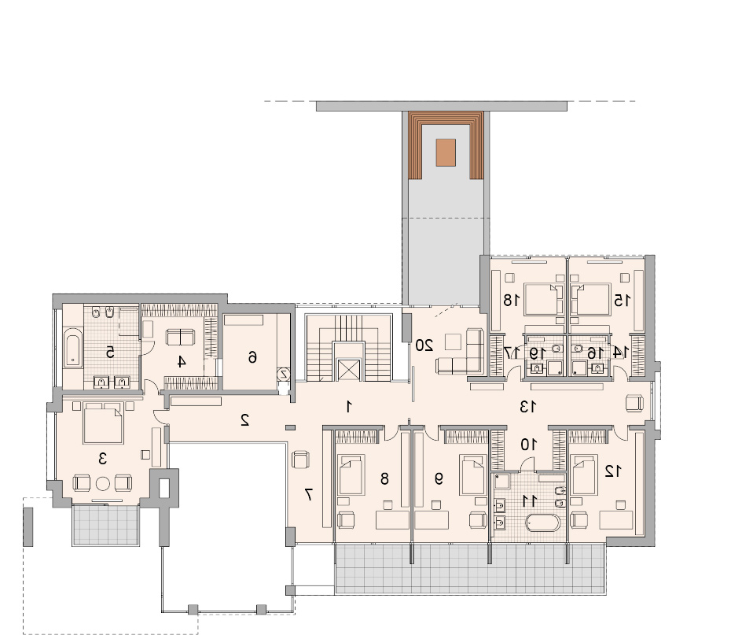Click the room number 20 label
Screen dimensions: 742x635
click(424, 345)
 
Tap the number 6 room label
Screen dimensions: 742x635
click(252, 356)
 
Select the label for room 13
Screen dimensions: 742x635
click(527, 407)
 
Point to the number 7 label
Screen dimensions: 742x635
click(308, 495)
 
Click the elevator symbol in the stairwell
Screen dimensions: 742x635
click(348, 370)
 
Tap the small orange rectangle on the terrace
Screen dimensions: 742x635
click(446, 153)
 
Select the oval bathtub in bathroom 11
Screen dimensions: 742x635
click(543, 522)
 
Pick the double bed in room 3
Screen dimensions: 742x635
click(103, 423)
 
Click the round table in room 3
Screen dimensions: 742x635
click(103, 484)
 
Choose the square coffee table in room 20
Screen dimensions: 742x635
click(453, 341)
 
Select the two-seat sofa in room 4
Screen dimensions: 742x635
click(180, 338)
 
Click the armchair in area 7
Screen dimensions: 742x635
click(300, 460)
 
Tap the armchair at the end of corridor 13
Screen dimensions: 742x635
click(634, 404)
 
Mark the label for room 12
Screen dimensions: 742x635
click(613, 471)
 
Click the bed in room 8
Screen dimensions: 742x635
click(351, 474)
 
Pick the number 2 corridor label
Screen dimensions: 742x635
click(245, 420)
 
